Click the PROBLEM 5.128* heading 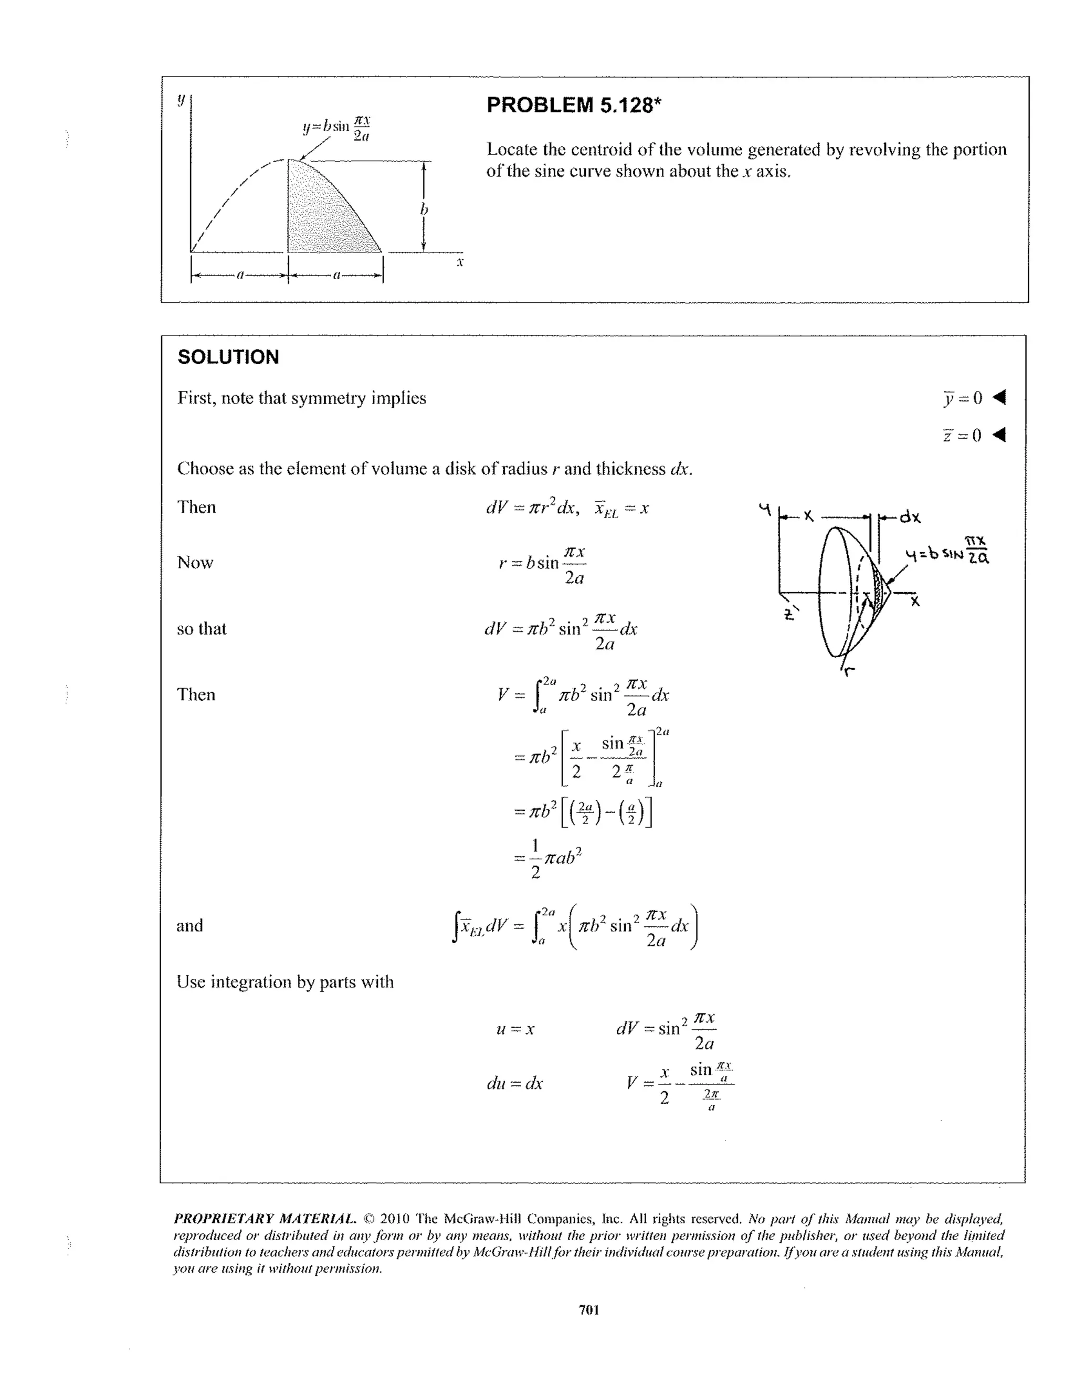(x=573, y=105)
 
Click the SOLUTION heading (x=228, y=357)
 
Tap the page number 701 (x=588, y=1309)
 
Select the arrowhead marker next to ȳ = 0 (x=999, y=397)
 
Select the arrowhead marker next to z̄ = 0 (x=999, y=435)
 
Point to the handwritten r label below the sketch (x=848, y=670)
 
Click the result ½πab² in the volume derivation (x=548, y=859)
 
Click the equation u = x (x=515, y=1029)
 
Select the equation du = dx (x=514, y=1083)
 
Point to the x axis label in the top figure (x=459, y=262)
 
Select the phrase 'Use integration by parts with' (x=285, y=982)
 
